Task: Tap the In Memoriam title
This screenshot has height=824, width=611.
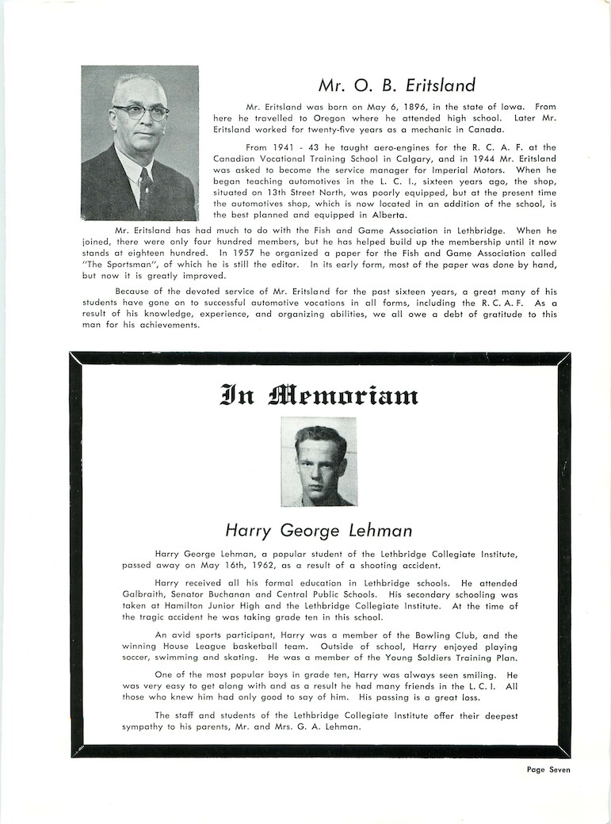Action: (x=319, y=394)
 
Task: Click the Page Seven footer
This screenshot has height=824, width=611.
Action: (x=548, y=769)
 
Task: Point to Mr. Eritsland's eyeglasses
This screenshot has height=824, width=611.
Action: (x=140, y=113)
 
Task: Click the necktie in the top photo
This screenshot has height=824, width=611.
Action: (x=146, y=189)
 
